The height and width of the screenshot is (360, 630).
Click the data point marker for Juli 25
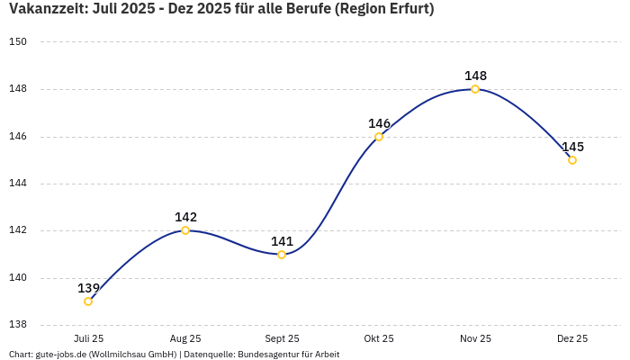(x=88, y=301)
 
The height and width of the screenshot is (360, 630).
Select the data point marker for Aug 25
(x=185, y=230)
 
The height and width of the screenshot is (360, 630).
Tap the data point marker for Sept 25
(x=282, y=255)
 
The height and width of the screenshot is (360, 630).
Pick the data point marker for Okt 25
(x=379, y=137)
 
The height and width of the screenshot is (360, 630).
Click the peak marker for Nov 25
(x=475, y=89)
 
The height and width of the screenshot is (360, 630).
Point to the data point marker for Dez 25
(x=572, y=160)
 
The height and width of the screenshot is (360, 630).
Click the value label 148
(x=475, y=76)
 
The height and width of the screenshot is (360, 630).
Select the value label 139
(x=88, y=288)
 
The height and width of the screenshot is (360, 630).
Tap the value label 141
(x=282, y=241)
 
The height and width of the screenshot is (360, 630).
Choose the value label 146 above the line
(x=379, y=123)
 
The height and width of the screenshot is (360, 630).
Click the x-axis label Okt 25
(x=379, y=338)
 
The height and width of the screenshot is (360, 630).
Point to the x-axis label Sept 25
(x=282, y=338)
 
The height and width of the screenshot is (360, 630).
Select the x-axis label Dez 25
(x=572, y=338)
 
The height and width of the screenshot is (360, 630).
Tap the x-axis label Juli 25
(x=88, y=338)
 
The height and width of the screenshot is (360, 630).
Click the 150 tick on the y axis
(x=18, y=42)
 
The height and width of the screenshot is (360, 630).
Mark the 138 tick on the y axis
(x=18, y=325)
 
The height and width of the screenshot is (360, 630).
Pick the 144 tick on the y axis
(x=18, y=184)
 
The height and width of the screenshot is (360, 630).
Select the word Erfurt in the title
(x=406, y=10)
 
